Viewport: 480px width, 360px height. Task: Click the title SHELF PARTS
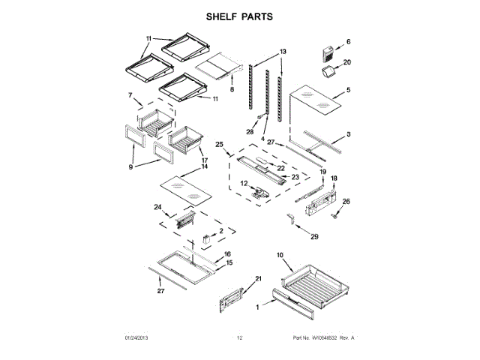click(239, 15)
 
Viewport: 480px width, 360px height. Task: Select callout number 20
click(346, 62)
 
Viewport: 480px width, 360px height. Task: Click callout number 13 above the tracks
click(283, 51)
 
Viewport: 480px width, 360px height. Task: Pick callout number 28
click(250, 131)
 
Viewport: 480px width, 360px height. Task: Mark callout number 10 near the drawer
click(280, 256)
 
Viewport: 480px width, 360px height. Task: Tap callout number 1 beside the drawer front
click(257, 307)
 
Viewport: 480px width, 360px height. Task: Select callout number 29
click(313, 237)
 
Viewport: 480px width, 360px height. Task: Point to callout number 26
click(346, 201)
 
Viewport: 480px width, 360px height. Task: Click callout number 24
click(157, 207)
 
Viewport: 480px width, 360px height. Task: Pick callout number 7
click(129, 95)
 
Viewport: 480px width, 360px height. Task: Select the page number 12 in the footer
click(239, 339)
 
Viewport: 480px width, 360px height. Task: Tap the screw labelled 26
click(335, 215)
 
